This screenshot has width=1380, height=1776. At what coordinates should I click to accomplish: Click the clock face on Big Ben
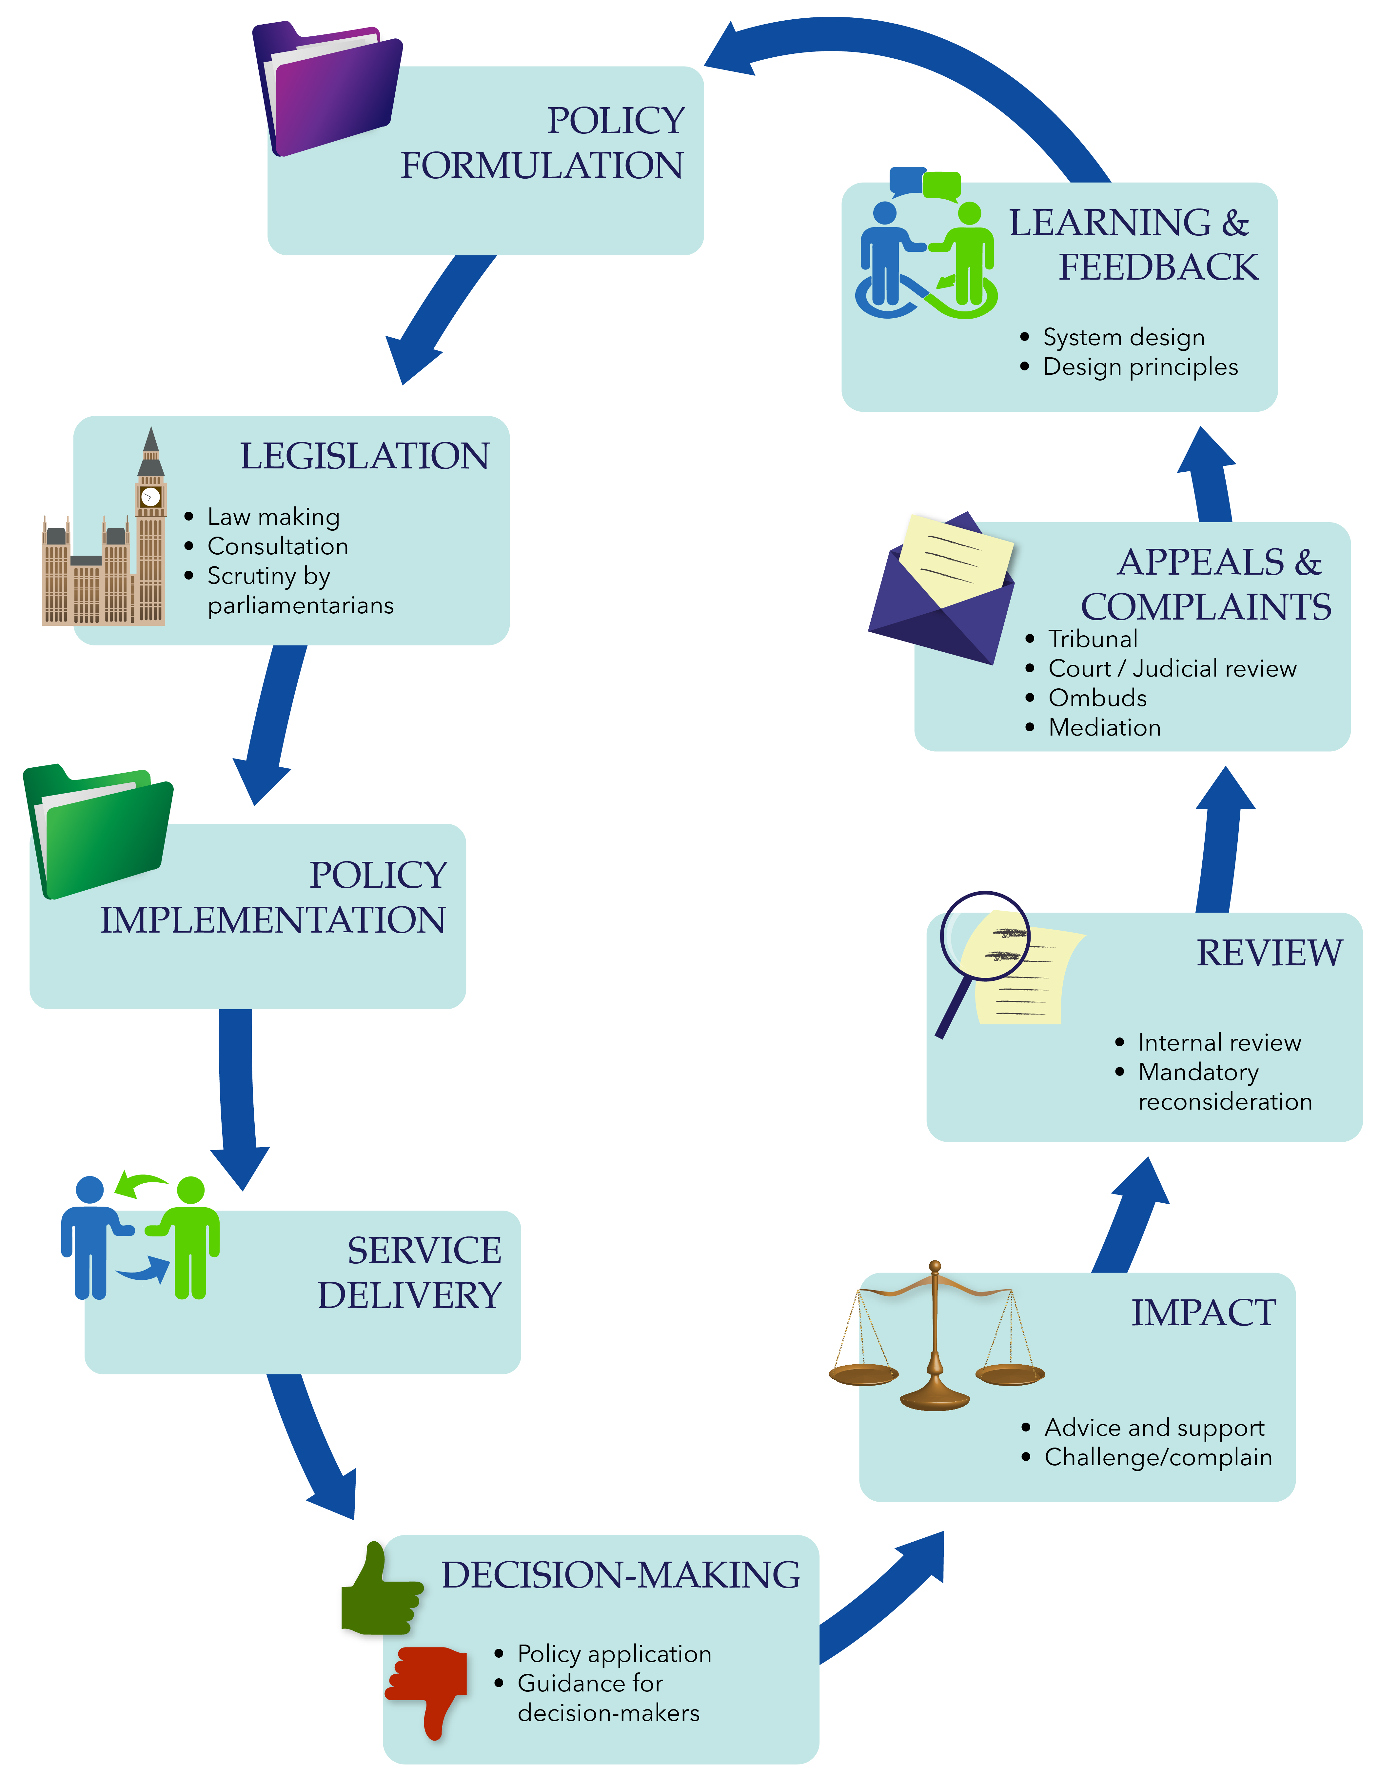tap(150, 496)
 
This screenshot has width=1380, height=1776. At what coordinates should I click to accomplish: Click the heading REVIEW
tap(1269, 953)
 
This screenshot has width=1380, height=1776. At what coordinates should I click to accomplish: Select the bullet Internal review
tap(1219, 1042)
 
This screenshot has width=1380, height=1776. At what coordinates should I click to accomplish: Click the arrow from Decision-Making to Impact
tap(886, 1594)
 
